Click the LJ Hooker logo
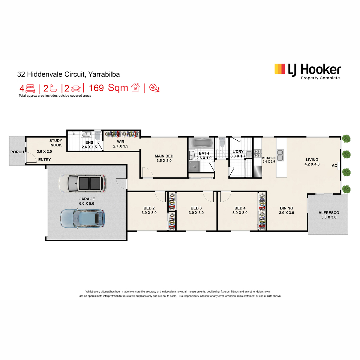(307, 72)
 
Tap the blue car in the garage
(82, 218)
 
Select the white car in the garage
(82, 183)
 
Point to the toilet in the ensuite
(98, 135)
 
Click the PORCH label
(17, 152)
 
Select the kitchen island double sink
(280, 155)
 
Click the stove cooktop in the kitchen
(257, 153)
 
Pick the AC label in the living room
(334, 166)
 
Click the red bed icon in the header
(30, 88)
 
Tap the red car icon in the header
(76, 88)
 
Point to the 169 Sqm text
(108, 88)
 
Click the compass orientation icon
(154, 88)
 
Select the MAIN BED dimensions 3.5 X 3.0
(164, 160)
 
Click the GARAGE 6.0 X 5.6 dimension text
(86, 203)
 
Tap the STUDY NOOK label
(56, 143)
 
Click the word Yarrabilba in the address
(104, 74)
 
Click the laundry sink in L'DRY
(249, 154)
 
